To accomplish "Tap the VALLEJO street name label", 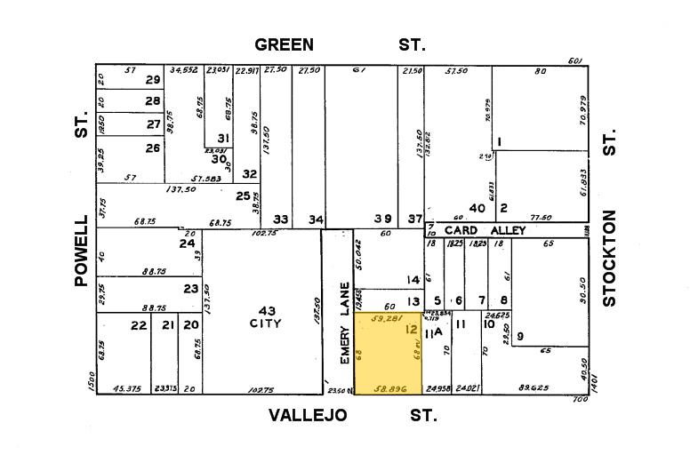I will [307, 416].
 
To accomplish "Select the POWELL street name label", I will [83, 251].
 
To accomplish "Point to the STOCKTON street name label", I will [609, 258].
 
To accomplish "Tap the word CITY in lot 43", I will [266, 323].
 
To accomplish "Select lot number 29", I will [153, 80].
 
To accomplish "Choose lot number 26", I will [153, 148].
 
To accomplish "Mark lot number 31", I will [222, 138].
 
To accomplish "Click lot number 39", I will [382, 219].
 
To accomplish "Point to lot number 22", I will [138, 326].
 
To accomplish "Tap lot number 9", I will [520, 335].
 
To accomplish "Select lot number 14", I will [413, 280].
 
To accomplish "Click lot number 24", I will [187, 243].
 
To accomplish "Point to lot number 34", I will [315, 219].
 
